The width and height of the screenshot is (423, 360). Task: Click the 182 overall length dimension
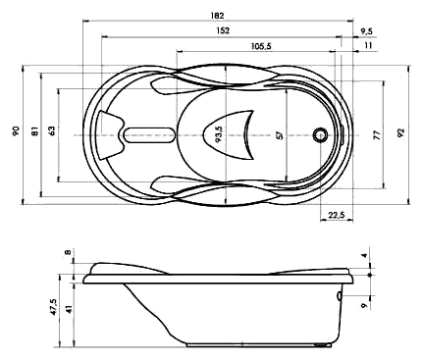click(217, 16)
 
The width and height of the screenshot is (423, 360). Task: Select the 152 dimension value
click(223, 30)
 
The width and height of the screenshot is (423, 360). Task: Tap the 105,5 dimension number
click(261, 46)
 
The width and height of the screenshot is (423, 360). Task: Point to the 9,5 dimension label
click(366, 31)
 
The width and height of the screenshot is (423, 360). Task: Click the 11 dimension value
click(368, 45)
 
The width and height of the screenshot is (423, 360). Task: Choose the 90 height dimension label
click(16, 130)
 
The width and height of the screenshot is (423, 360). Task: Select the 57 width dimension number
click(279, 134)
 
